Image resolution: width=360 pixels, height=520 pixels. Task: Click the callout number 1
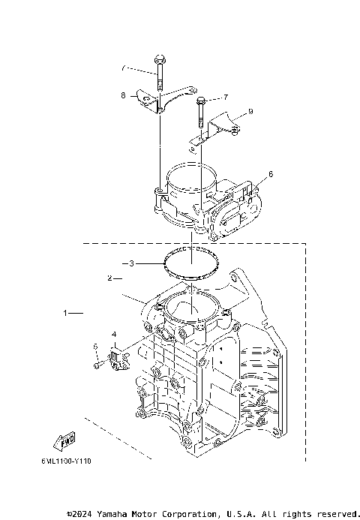tap(64, 311)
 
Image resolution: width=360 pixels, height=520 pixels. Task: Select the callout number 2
tap(109, 278)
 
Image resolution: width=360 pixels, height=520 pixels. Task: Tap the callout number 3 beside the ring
tap(131, 263)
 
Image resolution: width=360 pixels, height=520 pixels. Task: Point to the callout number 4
tap(114, 334)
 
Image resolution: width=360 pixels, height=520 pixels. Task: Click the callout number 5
tap(95, 346)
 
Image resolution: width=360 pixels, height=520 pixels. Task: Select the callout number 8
tap(123, 95)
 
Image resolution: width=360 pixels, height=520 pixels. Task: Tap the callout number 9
tap(250, 111)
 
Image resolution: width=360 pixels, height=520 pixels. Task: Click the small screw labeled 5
tap(99, 364)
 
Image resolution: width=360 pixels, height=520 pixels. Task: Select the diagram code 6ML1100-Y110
tap(72, 463)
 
